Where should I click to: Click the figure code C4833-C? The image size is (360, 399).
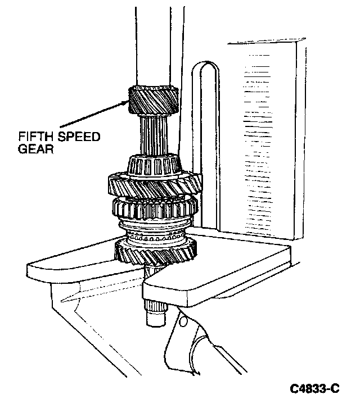click(x=315, y=388)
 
